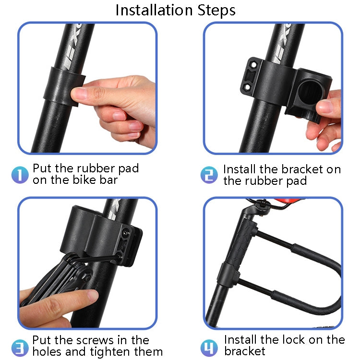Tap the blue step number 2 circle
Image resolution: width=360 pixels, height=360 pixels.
[x=209, y=175]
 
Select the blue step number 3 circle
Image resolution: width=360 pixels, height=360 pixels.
[x=20, y=346]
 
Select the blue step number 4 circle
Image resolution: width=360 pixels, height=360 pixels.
[x=209, y=346]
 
